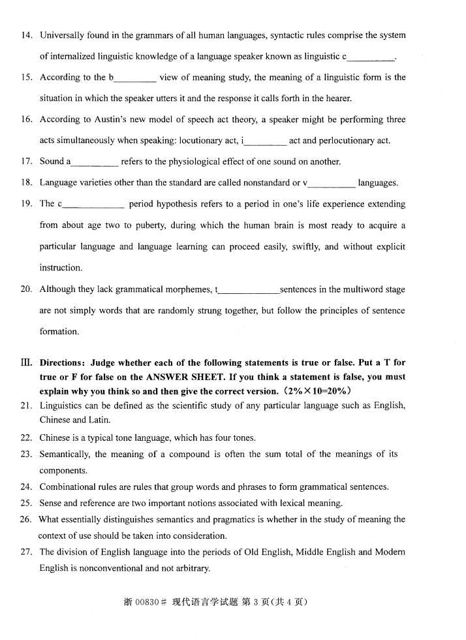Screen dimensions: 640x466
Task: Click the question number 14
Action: (x=26, y=35)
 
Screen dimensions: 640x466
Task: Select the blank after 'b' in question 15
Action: (x=135, y=79)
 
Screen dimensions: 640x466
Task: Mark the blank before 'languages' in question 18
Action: (x=332, y=184)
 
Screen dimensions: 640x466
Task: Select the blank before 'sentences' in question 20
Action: (x=249, y=291)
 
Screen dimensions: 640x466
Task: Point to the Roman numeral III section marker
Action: (x=27, y=362)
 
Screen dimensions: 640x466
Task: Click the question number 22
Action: (x=26, y=438)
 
